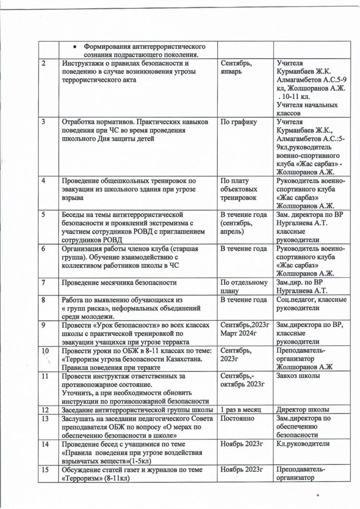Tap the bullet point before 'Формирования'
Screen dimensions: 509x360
point(74,46)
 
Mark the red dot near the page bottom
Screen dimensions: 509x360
point(317,495)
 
